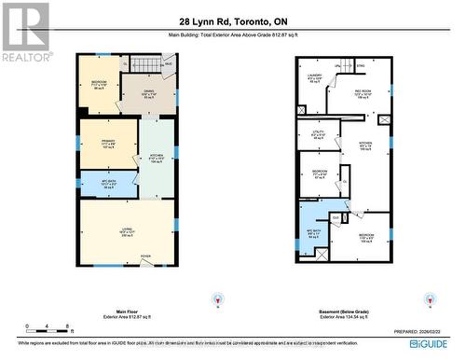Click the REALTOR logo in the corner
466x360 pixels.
point(25,31)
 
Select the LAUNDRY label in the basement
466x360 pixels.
point(314,78)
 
